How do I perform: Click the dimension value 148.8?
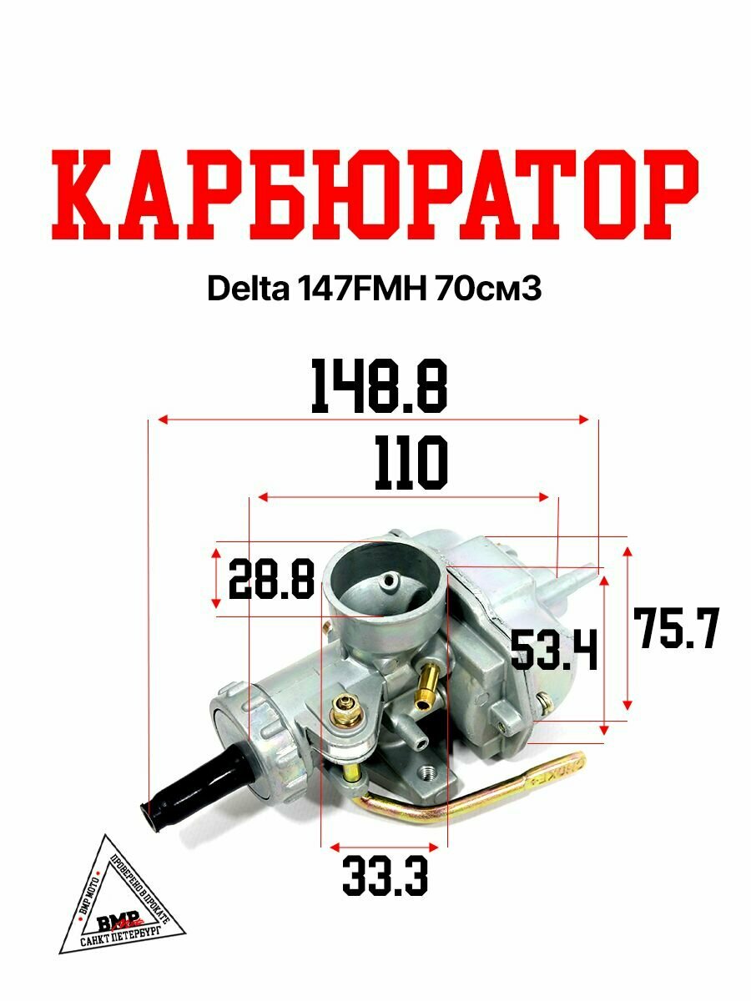[379, 387]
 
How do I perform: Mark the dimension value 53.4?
[554, 651]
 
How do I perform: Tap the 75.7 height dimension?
[676, 629]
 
